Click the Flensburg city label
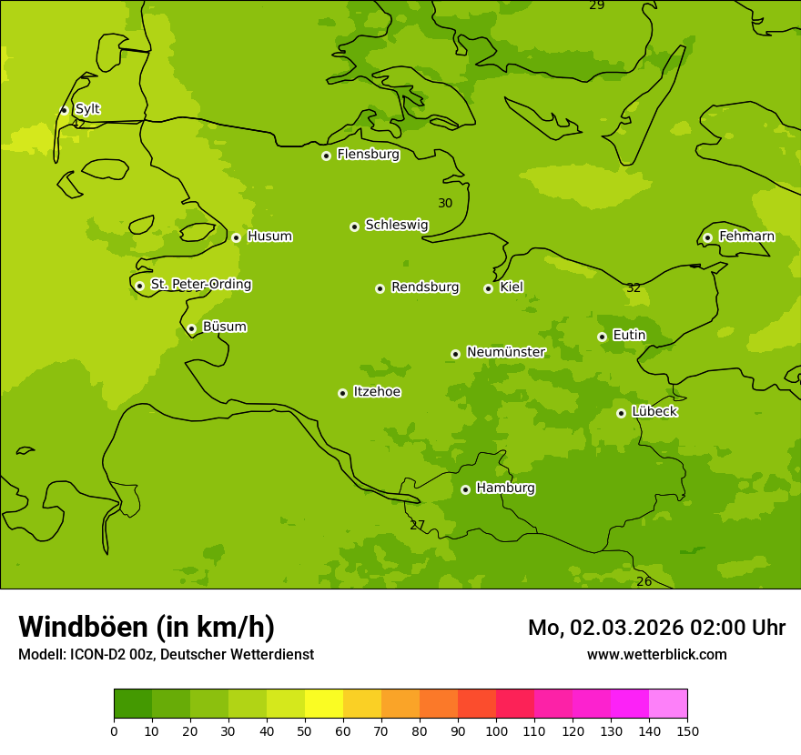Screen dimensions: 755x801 point(368,155)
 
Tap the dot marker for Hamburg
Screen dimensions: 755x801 point(465,489)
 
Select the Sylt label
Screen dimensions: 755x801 point(87,109)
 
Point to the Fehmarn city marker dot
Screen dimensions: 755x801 point(707,237)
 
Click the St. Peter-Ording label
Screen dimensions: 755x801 point(200,285)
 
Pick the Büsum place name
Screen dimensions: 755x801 point(224,327)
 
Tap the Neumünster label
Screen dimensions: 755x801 point(505,352)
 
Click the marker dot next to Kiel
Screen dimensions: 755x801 point(488,288)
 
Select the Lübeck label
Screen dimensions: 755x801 point(654,411)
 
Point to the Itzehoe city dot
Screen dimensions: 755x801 point(342,393)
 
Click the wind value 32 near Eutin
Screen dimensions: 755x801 point(634,288)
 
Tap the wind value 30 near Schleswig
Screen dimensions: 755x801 point(445,204)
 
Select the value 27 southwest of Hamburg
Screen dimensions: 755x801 point(417,526)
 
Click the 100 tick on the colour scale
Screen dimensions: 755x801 point(496,730)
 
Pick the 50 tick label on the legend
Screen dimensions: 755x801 point(305,730)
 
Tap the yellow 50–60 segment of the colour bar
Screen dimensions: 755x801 point(324,704)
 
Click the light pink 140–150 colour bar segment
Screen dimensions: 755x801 point(668,704)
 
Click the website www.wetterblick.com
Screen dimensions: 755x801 point(656,655)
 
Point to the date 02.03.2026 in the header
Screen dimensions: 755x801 point(628,628)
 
